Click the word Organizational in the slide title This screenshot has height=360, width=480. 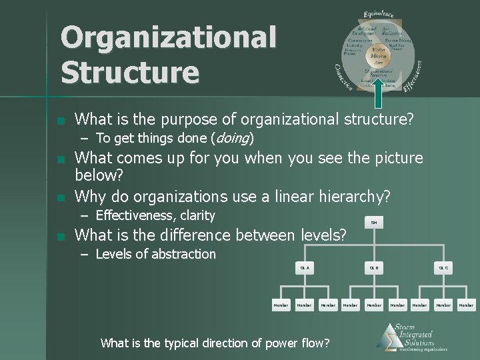pyautogui.click(x=168, y=37)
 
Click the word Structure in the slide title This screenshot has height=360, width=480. pyautogui.click(x=130, y=72)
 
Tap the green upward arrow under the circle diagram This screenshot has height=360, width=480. pyautogui.click(x=377, y=93)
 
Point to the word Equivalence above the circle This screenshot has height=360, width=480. pyautogui.click(x=379, y=13)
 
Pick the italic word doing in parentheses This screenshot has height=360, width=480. pyautogui.click(x=229, y=138)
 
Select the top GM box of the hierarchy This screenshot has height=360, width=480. pyautogui.click(x=374, y=223)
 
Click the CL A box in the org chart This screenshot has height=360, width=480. pyautogui.click(x=305, y=267)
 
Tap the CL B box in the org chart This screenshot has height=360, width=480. pyautogui.click(x=374, y=267)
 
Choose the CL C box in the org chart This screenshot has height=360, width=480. pyautogui.click(x=443, y=267)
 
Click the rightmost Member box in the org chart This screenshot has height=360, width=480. pyautogui.click(x=466, y=305)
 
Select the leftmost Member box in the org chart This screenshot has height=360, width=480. pyautogui.click(x=281, y=305)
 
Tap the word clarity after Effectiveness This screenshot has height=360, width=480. pyautogui.click(x=193, y=215)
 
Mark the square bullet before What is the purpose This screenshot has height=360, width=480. pyautogui.click(x=61, y=121)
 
